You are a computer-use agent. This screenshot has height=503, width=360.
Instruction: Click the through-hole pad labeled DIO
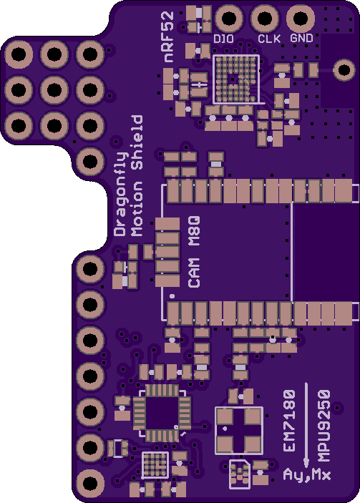pos(229,19)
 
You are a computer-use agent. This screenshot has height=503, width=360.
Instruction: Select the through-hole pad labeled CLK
pos(265,19)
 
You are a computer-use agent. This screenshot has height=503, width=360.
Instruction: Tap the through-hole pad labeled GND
pos(301,19)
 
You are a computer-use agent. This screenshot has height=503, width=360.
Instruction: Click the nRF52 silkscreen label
pos(168,37)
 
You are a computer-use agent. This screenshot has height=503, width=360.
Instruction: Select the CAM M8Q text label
pos(194,252)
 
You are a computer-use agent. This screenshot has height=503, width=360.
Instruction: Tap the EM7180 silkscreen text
pos(289,421)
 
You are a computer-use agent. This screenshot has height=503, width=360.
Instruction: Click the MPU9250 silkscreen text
pos(324,426)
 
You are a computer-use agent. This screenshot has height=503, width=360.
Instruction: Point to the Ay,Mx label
pos(307,474)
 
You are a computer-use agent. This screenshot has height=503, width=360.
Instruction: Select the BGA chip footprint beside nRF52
pos(236,79)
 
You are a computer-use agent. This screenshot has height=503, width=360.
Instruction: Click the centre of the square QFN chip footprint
pos(161,413)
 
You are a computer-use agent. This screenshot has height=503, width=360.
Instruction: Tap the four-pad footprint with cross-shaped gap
pos(239,431)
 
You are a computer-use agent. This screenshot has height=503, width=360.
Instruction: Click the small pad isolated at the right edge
pos(344,70)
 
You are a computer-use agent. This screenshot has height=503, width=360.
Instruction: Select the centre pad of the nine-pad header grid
pos(54,90)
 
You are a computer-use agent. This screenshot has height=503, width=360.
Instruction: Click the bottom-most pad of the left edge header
pos(90,483)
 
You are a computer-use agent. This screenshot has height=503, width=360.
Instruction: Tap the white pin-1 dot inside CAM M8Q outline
pos(172,296)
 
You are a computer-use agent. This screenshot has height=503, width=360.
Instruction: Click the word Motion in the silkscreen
pos(137,209)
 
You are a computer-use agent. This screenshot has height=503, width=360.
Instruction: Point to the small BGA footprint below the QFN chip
pos(155,465)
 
